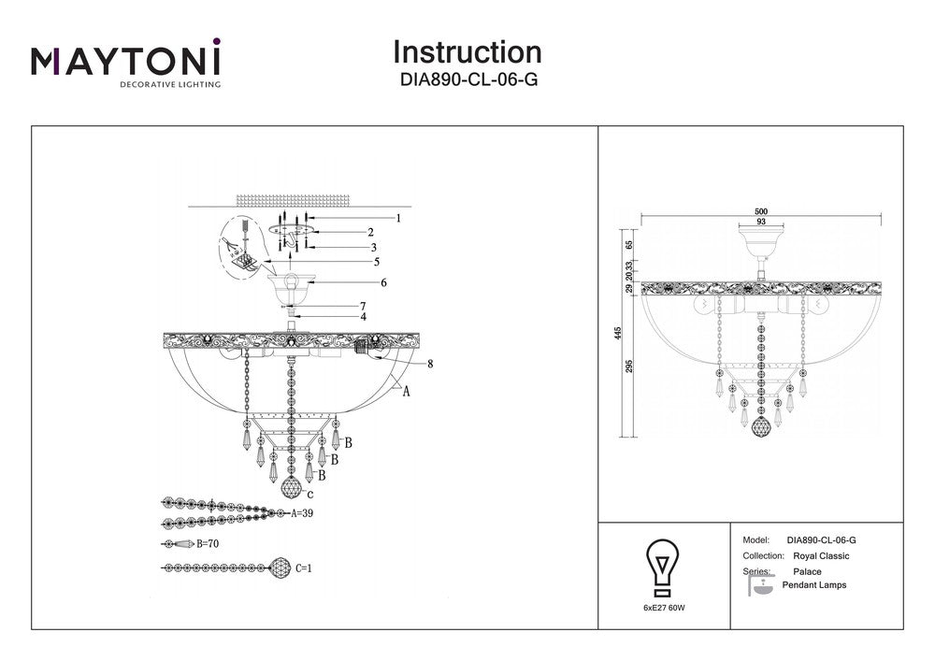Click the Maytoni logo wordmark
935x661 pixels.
[126, 61]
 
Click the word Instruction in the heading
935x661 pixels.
[467, 52]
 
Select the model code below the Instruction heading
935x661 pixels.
[467, 80]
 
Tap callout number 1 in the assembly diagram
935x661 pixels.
[397, 219]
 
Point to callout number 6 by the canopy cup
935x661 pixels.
[383, 282]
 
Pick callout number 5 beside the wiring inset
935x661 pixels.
[377, 262]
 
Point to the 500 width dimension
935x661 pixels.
[760, 212]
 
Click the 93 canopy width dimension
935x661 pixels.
[760, 223]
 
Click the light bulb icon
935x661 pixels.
[663, 565]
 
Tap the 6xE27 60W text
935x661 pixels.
[664, 609]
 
